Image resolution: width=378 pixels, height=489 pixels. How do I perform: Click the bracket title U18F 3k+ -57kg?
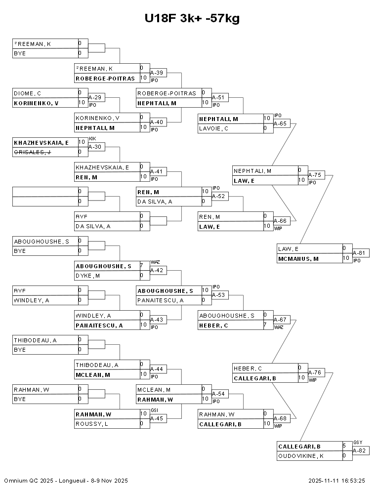(x=192, y=19)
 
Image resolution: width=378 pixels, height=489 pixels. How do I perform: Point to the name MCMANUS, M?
(x=298, y=258)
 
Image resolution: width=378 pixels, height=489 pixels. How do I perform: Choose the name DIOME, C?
(x=27, y=93)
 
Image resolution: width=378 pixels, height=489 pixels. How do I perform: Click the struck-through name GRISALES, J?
(x=33, y=152)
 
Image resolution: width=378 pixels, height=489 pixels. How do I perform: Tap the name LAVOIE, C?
(x=213, y=128)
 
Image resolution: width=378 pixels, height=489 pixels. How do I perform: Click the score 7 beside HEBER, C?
(x=265, y=325)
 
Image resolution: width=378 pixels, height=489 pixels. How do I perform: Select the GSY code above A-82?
(x=358, y=443)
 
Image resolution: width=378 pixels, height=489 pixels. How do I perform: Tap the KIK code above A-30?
(x=92, y=139)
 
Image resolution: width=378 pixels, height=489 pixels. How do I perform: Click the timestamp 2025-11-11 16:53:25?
(x=336, y=480)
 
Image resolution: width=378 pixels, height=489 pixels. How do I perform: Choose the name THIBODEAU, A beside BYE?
(x=35, y=340)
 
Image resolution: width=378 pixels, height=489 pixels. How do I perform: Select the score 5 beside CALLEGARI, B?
(x=344, y=446)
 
